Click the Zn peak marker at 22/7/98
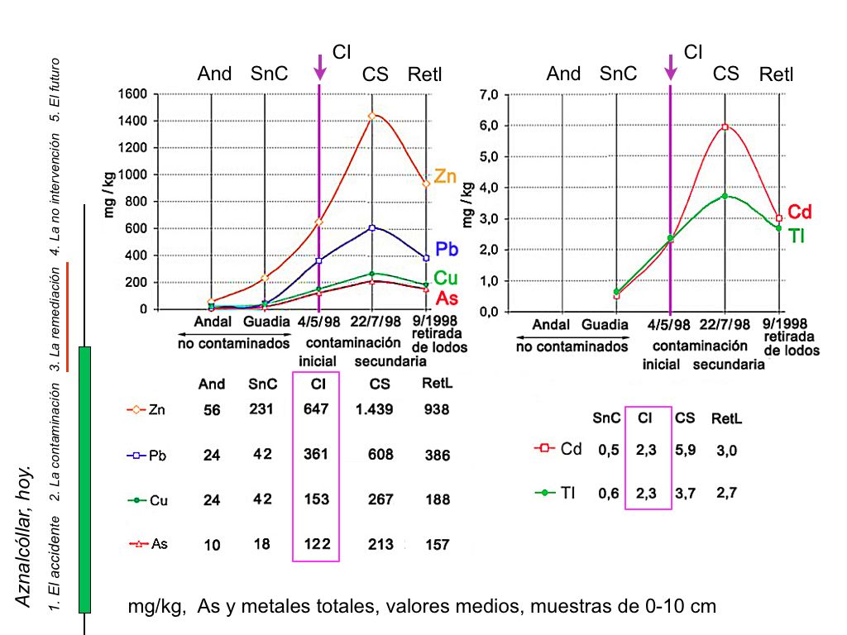371,116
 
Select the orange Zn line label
445,176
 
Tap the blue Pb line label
447,249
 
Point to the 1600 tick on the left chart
134,94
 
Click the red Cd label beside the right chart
799,212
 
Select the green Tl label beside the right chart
797,236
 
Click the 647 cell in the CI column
316,409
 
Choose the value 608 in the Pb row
380,455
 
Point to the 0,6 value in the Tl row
607,493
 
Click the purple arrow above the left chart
320,67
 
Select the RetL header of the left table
436,384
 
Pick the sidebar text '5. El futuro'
55,89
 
